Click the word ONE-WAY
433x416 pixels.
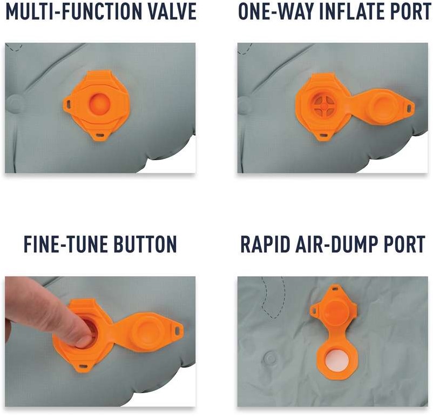click(275, 11)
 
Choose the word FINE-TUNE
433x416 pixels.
click(65, 244)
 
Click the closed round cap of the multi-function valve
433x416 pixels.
click(99, 104)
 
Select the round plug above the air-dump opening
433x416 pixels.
click(335, 312)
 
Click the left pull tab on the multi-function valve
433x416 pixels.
click(67, 104)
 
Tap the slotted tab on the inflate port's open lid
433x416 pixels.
click(409, 106)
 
